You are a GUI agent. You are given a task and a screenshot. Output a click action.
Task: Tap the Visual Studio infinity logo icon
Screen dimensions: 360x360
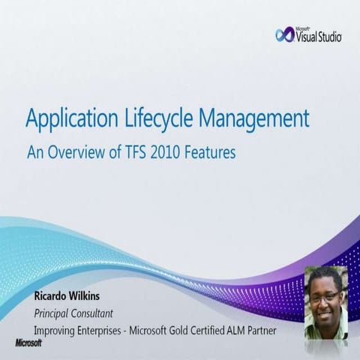286,34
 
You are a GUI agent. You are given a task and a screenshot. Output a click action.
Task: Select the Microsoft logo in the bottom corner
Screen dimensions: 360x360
28,343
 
